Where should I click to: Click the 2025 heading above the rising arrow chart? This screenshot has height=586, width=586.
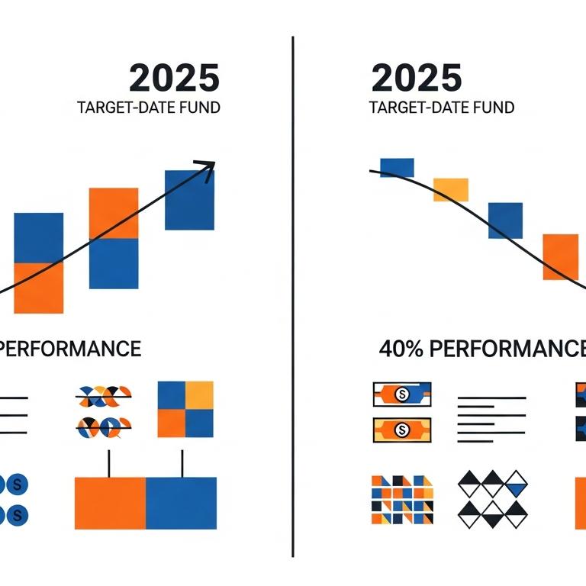coord(174,78)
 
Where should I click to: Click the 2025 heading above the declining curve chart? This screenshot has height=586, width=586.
coord(417,78)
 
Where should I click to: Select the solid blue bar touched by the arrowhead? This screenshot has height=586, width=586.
coord(189,200)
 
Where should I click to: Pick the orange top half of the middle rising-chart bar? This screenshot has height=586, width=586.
coord(114,213)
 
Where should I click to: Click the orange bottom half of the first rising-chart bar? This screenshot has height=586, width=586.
coord(38,288)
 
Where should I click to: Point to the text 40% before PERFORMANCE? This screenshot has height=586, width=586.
coord(401,349)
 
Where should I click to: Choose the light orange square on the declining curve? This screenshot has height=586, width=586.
coord(451,190)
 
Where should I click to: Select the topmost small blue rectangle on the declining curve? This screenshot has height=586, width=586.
coord(397,167)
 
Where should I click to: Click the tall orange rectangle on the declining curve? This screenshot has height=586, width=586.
coord(561,256)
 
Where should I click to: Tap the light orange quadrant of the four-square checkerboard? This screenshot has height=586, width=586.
coord(200,395)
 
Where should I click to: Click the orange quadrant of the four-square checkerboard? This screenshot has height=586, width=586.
coord(172,423)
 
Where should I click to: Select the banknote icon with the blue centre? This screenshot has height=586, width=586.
coord(402,394)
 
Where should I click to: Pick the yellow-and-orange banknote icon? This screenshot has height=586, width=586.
coord(402,430)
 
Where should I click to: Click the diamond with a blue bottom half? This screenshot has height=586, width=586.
coord(516,484)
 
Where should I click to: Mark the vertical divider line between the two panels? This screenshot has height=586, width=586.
coord(293,297)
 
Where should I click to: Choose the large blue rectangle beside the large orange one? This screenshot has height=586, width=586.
coord(182,503)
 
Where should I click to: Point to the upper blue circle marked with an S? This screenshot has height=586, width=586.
coord(17,485)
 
